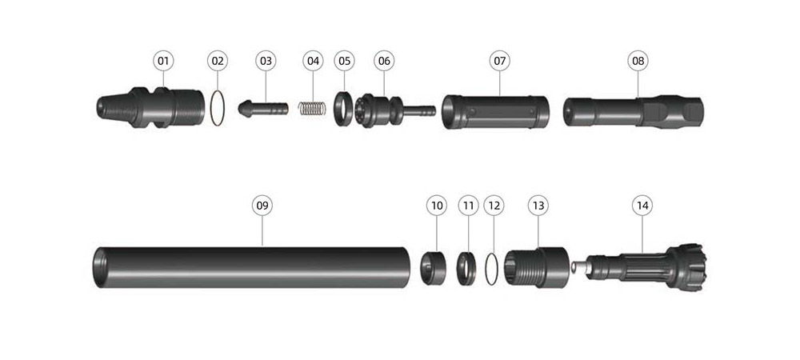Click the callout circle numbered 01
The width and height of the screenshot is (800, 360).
(163, 61)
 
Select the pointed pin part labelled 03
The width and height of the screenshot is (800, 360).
(262, 109)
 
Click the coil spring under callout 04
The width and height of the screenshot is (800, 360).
(312, 109)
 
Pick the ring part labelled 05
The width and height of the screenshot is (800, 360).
(337, 109)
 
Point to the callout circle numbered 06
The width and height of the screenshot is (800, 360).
(384, 61)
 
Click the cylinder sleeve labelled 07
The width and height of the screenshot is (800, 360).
(495, 112)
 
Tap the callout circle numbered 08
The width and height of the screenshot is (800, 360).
(638, 61)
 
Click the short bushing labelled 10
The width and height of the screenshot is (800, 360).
(433, 268)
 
